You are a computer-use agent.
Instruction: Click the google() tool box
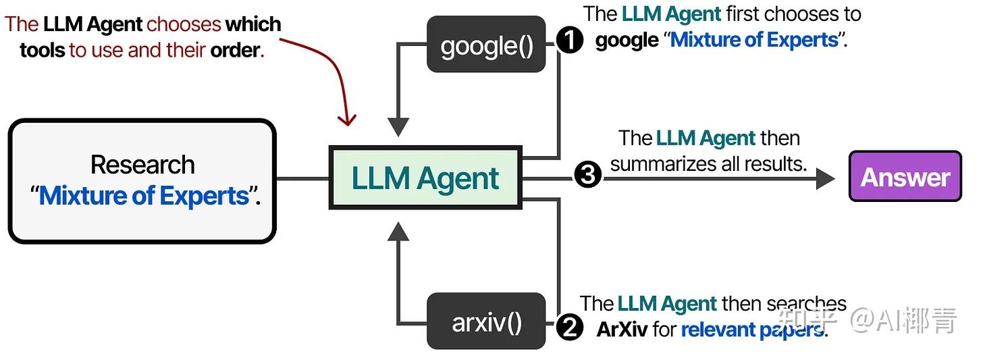click(486, 45)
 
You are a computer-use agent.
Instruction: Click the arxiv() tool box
click(486, 322)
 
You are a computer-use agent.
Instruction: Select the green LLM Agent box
click(425, 178)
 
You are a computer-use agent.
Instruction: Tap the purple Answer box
click(905, 177)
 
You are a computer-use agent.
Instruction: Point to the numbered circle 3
click(587, 176)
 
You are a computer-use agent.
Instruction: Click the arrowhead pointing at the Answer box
click(825, 178)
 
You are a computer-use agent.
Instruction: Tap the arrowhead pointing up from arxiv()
click(399, 232)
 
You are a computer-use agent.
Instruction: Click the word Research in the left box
click(142, 165)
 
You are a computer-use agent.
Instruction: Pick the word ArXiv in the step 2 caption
click(622, 330)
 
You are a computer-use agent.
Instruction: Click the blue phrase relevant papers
click(752, 330)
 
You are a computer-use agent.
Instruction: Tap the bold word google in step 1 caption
click(627, 40)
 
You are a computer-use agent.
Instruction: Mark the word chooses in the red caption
click(184, 24)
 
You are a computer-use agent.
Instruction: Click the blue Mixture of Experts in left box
click(144, 196)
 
